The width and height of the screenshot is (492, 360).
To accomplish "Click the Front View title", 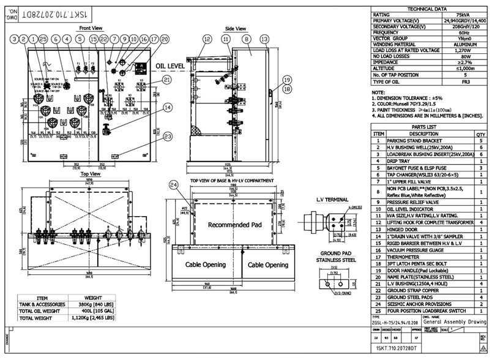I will (91, 28).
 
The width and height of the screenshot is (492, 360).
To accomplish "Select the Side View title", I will (236, 28).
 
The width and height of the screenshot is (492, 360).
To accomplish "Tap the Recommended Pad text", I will (234, 225).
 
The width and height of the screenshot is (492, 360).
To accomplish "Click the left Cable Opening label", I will (207, 264).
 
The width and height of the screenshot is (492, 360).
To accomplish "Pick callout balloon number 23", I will (167, 137).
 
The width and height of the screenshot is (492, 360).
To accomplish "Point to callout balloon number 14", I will (168, 106).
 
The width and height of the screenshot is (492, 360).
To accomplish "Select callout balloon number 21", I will (167, 80).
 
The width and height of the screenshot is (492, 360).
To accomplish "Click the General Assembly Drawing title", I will (455, 321).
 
